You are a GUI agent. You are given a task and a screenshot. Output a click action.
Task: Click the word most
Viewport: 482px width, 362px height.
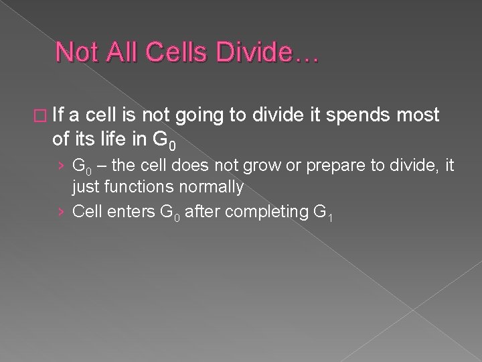pos(418,115)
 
